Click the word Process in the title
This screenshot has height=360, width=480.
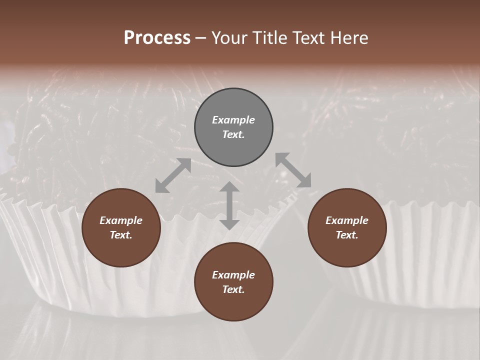157,38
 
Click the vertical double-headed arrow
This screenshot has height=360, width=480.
229,205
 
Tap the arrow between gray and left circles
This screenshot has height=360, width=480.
173,175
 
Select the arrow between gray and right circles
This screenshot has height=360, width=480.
293,170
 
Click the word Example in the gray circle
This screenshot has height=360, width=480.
233,120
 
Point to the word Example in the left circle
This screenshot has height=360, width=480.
121,220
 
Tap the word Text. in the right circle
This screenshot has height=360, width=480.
347,235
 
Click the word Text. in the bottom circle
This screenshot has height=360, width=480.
233,289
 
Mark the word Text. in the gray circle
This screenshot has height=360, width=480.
233,134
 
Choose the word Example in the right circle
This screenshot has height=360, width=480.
347,220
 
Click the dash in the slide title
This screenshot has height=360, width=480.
201,38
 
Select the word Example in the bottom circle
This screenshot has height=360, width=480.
233,275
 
